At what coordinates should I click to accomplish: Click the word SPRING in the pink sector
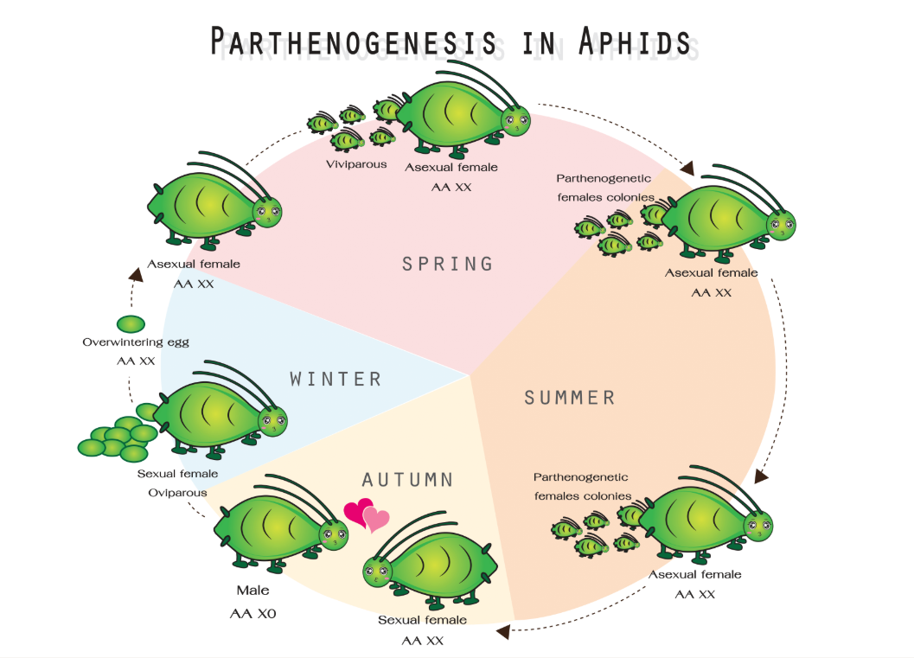pyautogui.click(x=447, y=264)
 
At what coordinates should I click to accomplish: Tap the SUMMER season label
pyautogui.click(x=569, y=398)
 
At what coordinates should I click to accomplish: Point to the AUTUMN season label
pyautogui.click(x=407, y=480)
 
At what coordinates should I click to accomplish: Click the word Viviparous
pyautogui.click(x=356, y=164)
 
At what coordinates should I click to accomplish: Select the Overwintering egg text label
pyautogui.click(x=136, y=342)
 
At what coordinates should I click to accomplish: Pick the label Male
pyautogui.click(x=252, y=591)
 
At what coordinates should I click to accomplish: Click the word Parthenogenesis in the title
pyautogui.click(x=354, y=42)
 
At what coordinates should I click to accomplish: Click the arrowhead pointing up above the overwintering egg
pyautogui.click(x=136, y=274)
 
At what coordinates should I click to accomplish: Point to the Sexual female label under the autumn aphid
pyautogui.click(x=422, y=620)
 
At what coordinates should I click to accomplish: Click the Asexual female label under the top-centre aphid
pyautogui.click(x=451, y=168)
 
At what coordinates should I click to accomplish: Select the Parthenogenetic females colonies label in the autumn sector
pyautogui.click(x=580, y=487)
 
